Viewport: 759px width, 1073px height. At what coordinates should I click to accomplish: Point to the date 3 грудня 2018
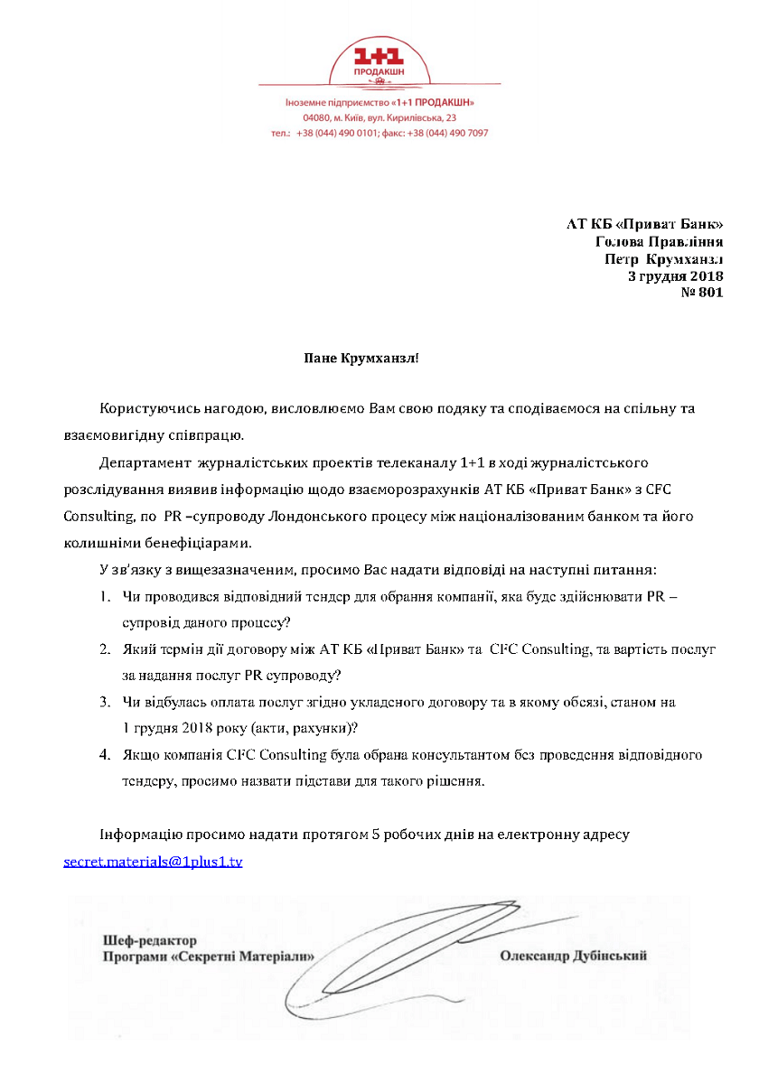676,275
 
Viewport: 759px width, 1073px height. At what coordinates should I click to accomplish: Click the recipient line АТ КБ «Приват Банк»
644,224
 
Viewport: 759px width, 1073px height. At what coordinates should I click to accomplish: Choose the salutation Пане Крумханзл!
361,359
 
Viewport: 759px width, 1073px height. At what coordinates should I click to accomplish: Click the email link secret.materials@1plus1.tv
153,862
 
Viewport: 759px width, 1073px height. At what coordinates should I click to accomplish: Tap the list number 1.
105,598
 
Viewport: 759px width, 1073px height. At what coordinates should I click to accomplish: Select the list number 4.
105,754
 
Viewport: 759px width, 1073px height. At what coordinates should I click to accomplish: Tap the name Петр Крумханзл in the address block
663,258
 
